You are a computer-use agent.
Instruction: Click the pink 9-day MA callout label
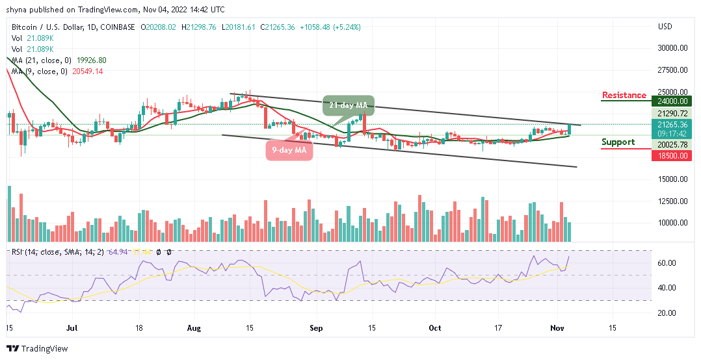(x=289, y=149)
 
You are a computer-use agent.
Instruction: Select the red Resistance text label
(x=624, y=96)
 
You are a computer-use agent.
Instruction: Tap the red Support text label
(x=618, y=142)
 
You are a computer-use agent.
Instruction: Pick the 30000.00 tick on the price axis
(x=673, y=48)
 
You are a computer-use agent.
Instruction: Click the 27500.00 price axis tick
(x=673, y=70)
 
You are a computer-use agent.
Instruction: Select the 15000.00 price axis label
(x=673, y=179)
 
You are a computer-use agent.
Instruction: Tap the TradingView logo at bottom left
(x=37, y=349)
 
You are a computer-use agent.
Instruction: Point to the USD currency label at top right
(x=665, y=27)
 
